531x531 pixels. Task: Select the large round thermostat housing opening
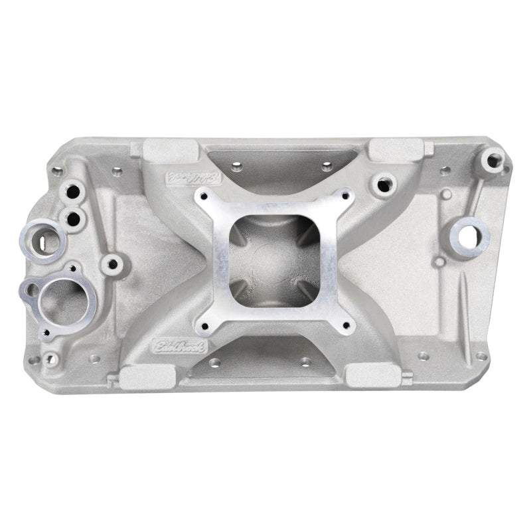coord(63,299)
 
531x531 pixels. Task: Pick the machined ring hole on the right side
coord(473,234)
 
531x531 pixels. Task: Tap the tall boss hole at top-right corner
coord(493,159)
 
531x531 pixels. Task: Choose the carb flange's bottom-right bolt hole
coord(344,325)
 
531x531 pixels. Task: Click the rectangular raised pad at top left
coord(165,149)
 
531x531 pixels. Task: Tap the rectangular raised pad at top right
coord(396,149)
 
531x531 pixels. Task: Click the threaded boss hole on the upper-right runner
coord(384,184)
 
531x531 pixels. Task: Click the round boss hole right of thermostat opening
coord(113,265)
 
